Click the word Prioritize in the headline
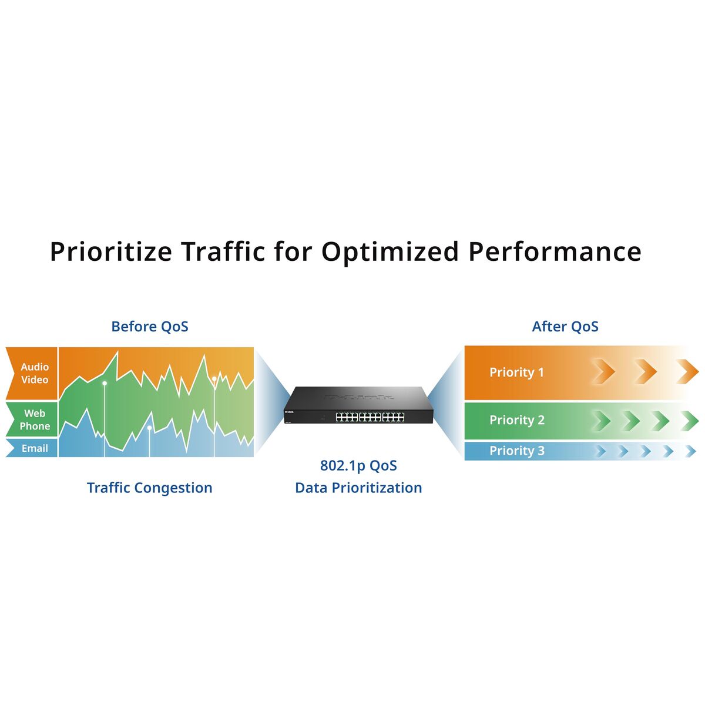pyautogui.click(x=111, y=252)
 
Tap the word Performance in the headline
pyautogui.click(x=555, y=252)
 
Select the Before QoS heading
pyautogui.click(x=150, y=327)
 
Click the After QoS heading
pyautogui.click(x=565, y=327)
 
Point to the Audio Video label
pyautogui.click(x=35, y=373)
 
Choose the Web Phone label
pyautogui.click(x=35, y=419)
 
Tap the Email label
pyautogui.click(x=35, y=448)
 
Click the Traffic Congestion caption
pyautogui.click(x=150, y=488)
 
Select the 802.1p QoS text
pyautogui.click(x=358, y=466)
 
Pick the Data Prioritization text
pyautogui.click(x=358, y=488)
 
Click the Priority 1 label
pyautogui.click(x=516, y=372)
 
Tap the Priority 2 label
pyautogui.click(x=516, y=420)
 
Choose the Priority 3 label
pyautogui.click(x=516, y=451)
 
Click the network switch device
pyautogui.click(x=358, y=405)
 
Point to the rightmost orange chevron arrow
pyautogui.click(x=687, y=372)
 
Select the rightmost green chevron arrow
pyautogui.click(x=690, y=421)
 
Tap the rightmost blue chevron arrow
pyautogui.click(x=691, y=451)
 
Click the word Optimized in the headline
pyautogui.click(x=390, y=252)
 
